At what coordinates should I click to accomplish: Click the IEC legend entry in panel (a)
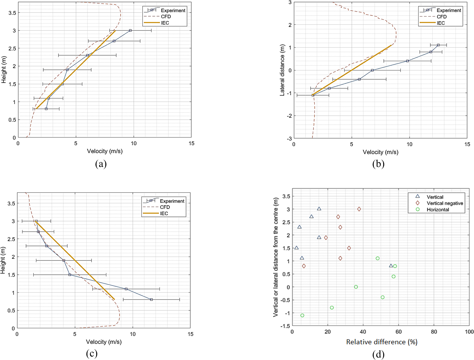tap(165, 23)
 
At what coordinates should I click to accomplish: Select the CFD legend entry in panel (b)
tap(442, 17)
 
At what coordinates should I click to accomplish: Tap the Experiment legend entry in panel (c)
tap(172, 201)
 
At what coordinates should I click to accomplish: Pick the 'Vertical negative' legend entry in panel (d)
tap(445, 203)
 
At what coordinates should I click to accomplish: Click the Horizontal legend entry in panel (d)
tap(438, 210)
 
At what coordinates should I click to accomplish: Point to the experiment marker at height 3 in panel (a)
tap(130, 30)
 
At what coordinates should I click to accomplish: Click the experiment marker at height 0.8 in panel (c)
tap(151, 300)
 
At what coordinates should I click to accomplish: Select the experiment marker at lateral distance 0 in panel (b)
tap(372, 70)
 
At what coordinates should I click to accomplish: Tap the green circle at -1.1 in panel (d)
tap(302, 315)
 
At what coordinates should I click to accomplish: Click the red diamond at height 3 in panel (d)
tap(359, 209)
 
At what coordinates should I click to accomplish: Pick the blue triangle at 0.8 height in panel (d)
tap(391, 266)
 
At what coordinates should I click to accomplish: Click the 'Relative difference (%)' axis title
tap(382, 342)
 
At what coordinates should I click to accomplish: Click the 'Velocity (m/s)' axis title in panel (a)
tap(105, 151)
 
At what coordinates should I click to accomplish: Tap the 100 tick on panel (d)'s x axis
tap(469, 332)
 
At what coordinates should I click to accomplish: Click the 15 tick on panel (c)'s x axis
tap(190, 334)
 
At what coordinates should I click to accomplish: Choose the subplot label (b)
tap(378, 164)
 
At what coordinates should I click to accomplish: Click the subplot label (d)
tap(378, 355)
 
